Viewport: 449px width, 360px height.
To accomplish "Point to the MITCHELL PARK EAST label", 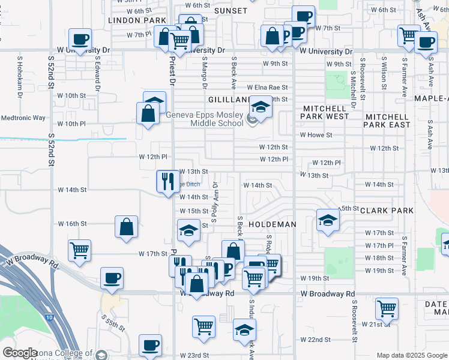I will point(388,120).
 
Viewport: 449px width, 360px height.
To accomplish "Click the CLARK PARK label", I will point(388,211).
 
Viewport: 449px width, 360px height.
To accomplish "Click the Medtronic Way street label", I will point(23,118).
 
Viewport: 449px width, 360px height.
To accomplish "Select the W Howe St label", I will point(316,135).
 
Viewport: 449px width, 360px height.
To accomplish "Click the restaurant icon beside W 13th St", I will point(166,180).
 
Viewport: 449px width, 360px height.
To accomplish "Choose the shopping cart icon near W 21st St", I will point(387,309).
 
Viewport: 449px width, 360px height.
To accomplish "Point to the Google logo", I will point(20,353).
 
